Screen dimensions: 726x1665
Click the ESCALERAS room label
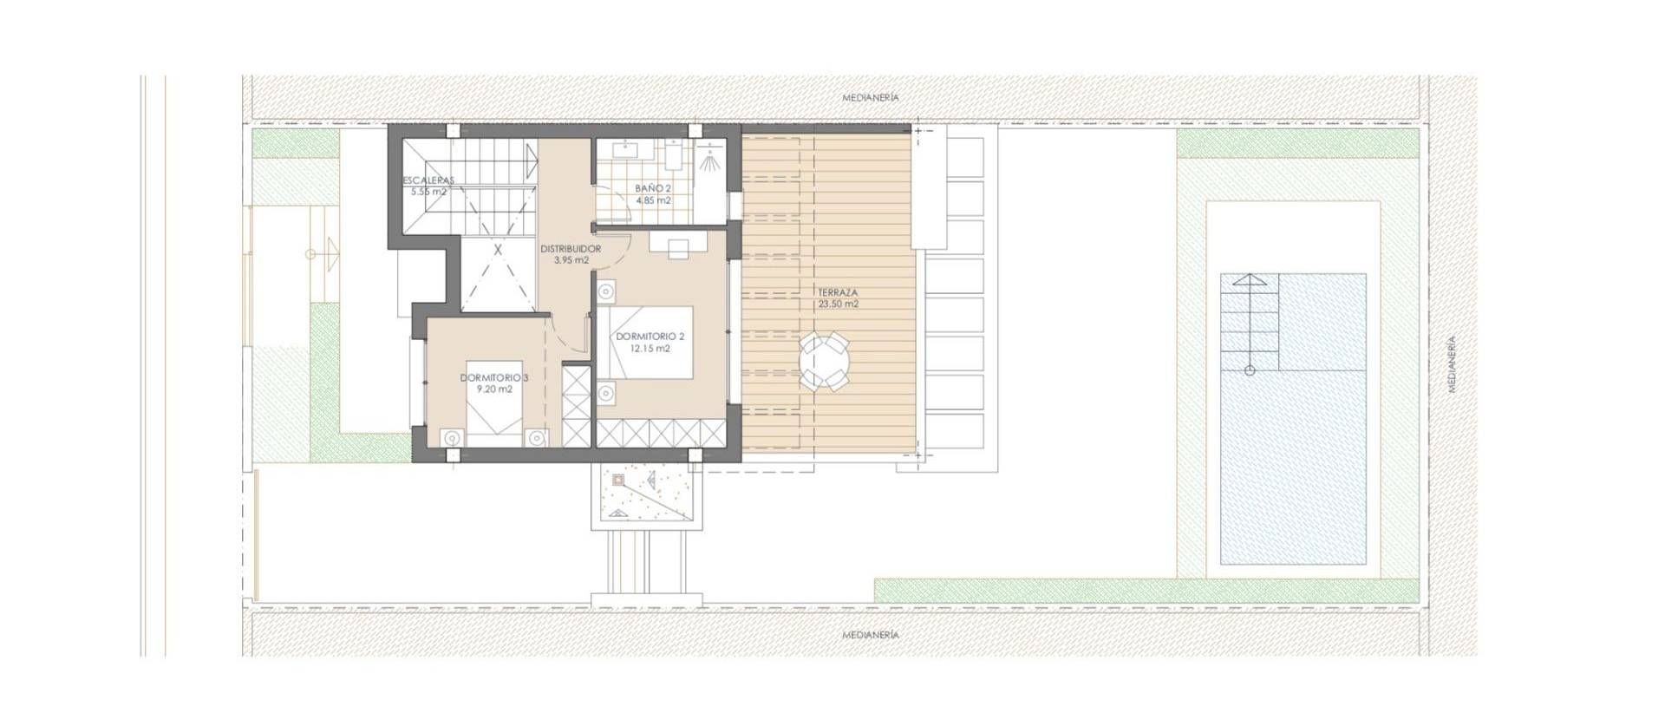428,180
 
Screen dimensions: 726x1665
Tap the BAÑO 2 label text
653,188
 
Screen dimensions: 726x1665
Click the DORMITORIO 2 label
650,337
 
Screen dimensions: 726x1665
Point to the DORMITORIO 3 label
493,378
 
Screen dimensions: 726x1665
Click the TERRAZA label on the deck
837,293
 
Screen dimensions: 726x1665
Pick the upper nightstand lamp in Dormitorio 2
607,291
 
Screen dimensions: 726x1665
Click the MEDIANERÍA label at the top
870,98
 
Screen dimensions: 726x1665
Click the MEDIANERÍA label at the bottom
870,635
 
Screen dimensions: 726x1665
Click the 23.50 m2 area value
837,304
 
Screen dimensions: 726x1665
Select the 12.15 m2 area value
650,349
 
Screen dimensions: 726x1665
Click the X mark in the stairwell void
498,249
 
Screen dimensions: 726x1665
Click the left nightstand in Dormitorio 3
450,438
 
